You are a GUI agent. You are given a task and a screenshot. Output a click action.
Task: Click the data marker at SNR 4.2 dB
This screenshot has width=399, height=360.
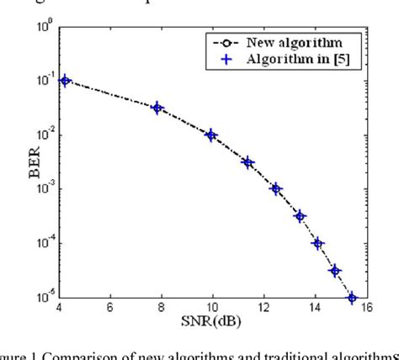[65, 81]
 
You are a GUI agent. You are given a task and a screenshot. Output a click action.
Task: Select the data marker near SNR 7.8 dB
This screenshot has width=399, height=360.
[157, 108]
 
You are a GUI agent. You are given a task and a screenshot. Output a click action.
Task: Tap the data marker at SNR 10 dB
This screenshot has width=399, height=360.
[211, 135]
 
